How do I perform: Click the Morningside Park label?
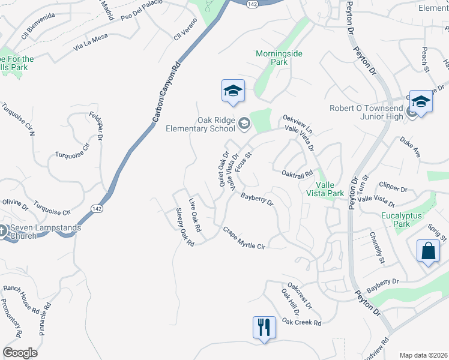click(279, 58)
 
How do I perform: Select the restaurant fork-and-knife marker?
click(264, 328)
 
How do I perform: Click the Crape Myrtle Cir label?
click(244, 238)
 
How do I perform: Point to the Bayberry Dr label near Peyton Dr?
click(382, 285)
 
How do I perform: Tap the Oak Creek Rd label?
click(301, 323)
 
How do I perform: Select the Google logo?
click(20, 352)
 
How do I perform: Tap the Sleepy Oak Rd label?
click(185, 227)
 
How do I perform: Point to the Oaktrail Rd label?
click(297, 174)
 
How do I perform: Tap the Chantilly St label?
click(376, 248)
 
